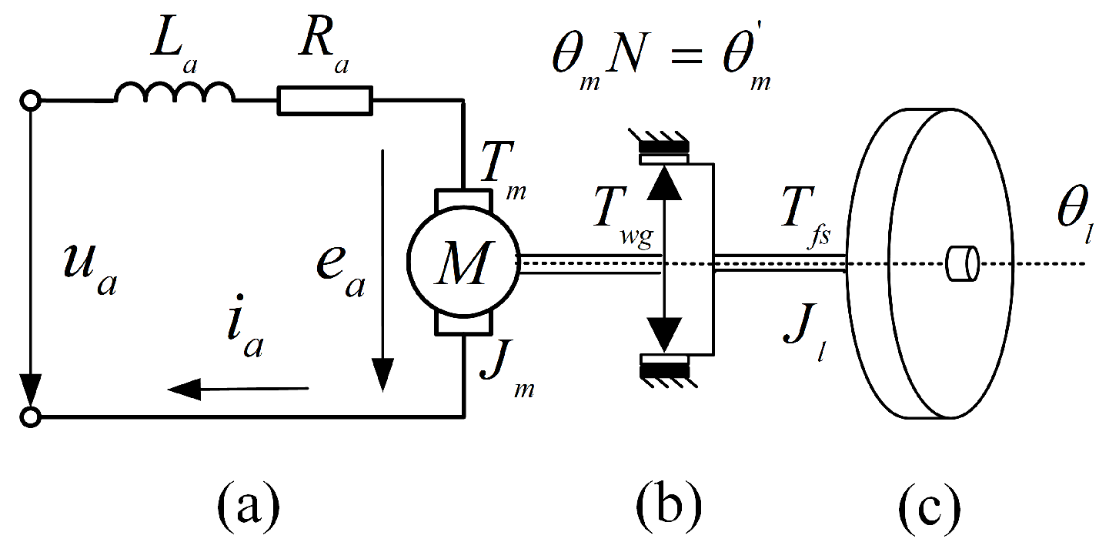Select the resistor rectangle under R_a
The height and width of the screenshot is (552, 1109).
[x=324, y=101]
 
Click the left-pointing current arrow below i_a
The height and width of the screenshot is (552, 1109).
[x=239, y=390]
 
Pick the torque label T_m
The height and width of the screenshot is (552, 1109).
[x=501, y=169]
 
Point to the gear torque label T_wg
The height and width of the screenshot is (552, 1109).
[x=620, y=223]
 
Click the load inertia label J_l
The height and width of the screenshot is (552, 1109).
[x=803, y=335]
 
